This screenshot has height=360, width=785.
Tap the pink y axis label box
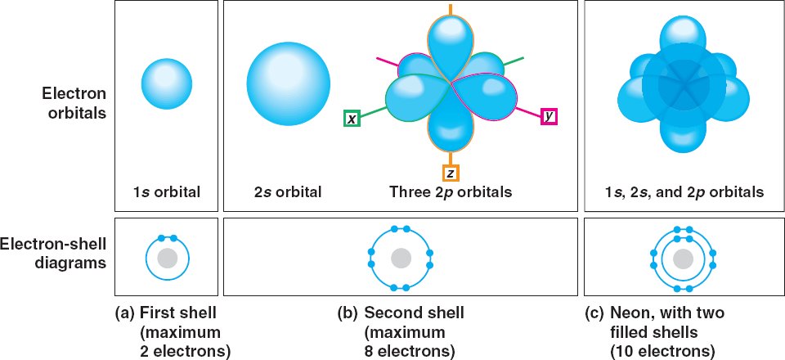click(x=549, y=117)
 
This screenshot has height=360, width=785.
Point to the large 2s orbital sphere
click(x=289, y=85)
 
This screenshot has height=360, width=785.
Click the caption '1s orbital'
click(x=167, y=193)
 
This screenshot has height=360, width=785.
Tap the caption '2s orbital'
click(x=288, y=193)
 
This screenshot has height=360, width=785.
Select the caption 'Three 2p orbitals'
click(x=451, y=193)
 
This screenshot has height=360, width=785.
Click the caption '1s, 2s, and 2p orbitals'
click(x=680, y=193)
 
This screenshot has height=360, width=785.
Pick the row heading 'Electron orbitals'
click(x=76, y=104)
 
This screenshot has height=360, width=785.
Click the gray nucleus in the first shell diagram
click(x=167, y=259)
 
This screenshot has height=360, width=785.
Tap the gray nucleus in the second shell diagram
click(x=401, y=259)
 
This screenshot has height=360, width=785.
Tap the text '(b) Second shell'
click(x=401, y=313)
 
